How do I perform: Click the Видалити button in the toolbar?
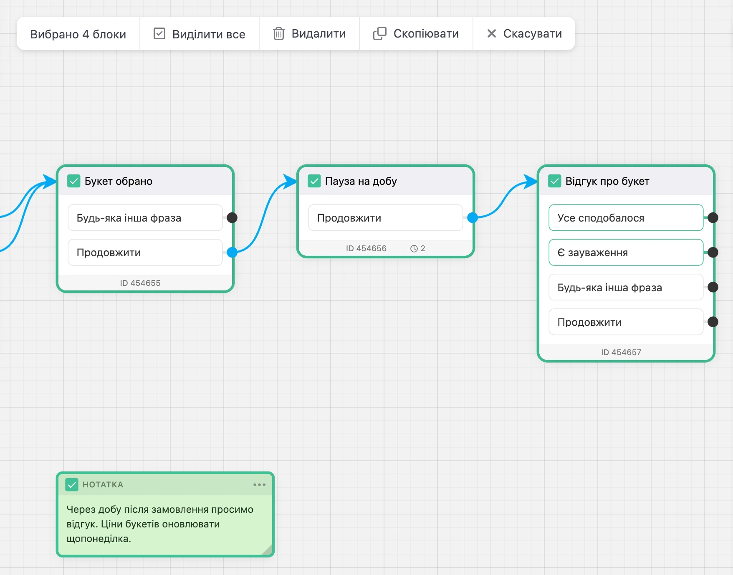point(309,34)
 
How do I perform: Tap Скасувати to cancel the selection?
point(524,34)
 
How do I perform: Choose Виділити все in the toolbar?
point(200,34)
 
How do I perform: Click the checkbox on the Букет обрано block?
point(74,181)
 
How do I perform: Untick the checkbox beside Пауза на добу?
point(314,181)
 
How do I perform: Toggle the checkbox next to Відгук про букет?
point(555,181)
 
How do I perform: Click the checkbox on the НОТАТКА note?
point(72,484)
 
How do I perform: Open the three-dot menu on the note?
point(259,484)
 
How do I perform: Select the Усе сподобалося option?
point(626,218)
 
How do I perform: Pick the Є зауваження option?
point(626,252)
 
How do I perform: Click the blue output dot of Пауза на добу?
point(473,217)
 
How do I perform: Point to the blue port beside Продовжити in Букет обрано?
point(232,252)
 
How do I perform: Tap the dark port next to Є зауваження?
point(713,252)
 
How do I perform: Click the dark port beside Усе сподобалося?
point(713,217)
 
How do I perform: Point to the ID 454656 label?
point(366,248)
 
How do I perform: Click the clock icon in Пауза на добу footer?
point(414,249)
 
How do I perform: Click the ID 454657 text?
point(621,352)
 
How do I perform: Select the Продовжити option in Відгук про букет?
point(626,322)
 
